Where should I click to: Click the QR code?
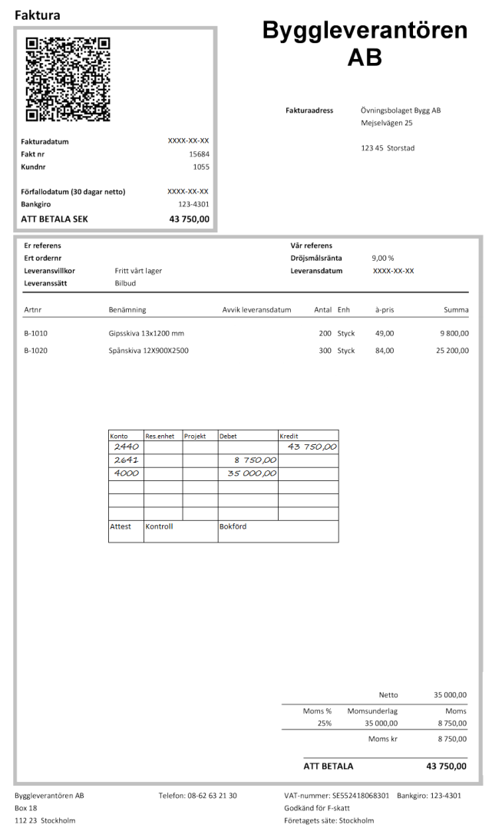[x=68, y=79]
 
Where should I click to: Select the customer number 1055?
[x=200, y=166]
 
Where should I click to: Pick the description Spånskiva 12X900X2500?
[x=149, y=351]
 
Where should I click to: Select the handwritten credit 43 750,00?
[x=312, y=447]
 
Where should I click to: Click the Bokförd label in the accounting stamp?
[x=233, y=527]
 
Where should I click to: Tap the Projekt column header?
[x=195, y=436]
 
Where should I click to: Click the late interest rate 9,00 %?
[x=382, y=259]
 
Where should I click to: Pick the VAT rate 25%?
[x=322, y=723]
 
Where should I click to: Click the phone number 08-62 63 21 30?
[x=210, y=796]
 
